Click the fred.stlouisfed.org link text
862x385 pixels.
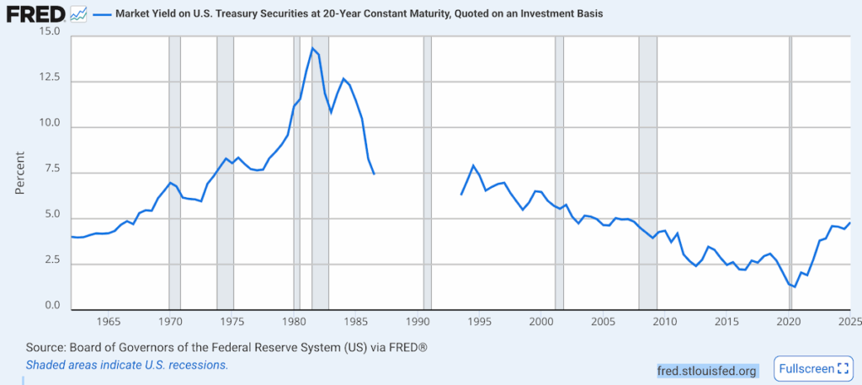tap(707, 370)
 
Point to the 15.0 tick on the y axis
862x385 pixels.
tap(50, 32)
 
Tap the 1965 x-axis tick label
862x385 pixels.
tap(108, 322)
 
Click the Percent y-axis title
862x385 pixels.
tap(19, 174)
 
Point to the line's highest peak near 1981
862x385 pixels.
tap(312, 48)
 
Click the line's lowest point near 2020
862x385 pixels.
tap(794, 287)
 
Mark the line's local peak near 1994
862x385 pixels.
tap(473, 165)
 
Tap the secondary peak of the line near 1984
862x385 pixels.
tap(343, 78)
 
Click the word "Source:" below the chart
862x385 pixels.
tap(47, 348)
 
